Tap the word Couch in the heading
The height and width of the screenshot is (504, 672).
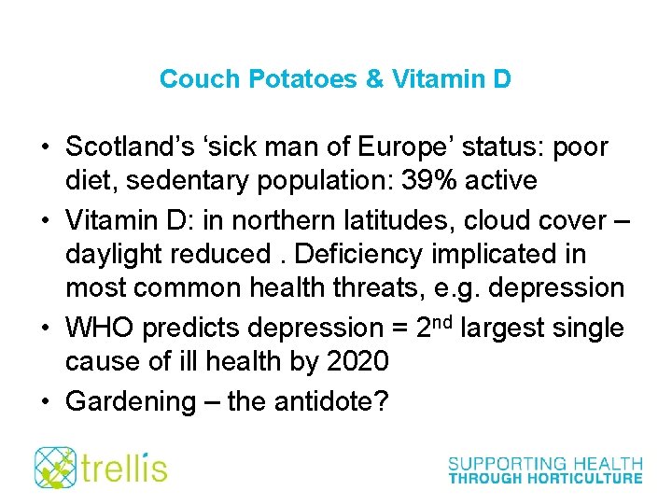[201, 78]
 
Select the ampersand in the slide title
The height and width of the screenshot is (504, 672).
[374, 78]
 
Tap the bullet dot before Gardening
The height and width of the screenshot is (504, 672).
[45, 402]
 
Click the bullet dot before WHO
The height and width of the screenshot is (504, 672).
[45, 329]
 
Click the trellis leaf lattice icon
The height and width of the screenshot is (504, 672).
[55, 467]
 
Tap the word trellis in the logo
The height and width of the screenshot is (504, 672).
[125, 467]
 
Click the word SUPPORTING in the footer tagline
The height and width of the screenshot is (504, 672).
[502, 463]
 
